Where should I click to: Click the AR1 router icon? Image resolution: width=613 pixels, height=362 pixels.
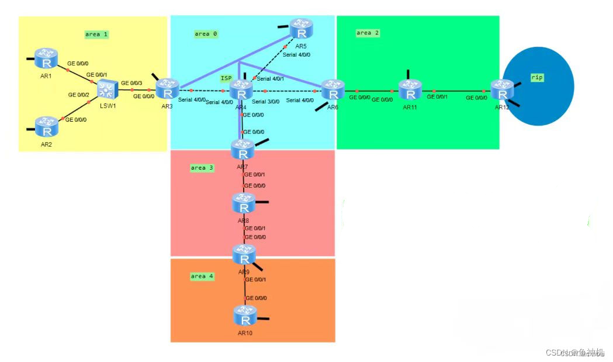coord(46,58)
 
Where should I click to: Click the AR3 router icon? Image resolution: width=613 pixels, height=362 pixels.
coord(168,89)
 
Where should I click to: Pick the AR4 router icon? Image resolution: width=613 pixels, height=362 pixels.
coord(241,90)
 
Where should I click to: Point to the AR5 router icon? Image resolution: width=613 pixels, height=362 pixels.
coord(302,27)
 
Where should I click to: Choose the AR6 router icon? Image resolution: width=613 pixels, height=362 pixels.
coord(333,91)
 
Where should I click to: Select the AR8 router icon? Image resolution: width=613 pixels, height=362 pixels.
coord(244,203)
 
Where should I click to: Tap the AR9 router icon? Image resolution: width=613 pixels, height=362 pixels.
coord(244,255)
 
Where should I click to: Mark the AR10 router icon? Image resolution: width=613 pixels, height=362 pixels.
coord(244,316)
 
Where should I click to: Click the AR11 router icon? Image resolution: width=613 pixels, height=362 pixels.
coord(410,90)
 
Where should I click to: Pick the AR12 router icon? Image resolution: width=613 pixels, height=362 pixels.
coord(501,90)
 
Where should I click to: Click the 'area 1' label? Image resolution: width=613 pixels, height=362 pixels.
coord(96,35)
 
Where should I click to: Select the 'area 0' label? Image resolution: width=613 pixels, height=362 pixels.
coord(206,34)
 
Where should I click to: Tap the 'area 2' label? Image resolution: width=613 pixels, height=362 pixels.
coord(368,33)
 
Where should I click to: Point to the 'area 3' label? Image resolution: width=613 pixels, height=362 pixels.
coord(202,168)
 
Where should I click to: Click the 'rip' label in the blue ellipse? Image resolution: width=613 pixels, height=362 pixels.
coord(536,77)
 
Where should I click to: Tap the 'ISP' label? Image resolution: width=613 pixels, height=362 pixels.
coord(226,78)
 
